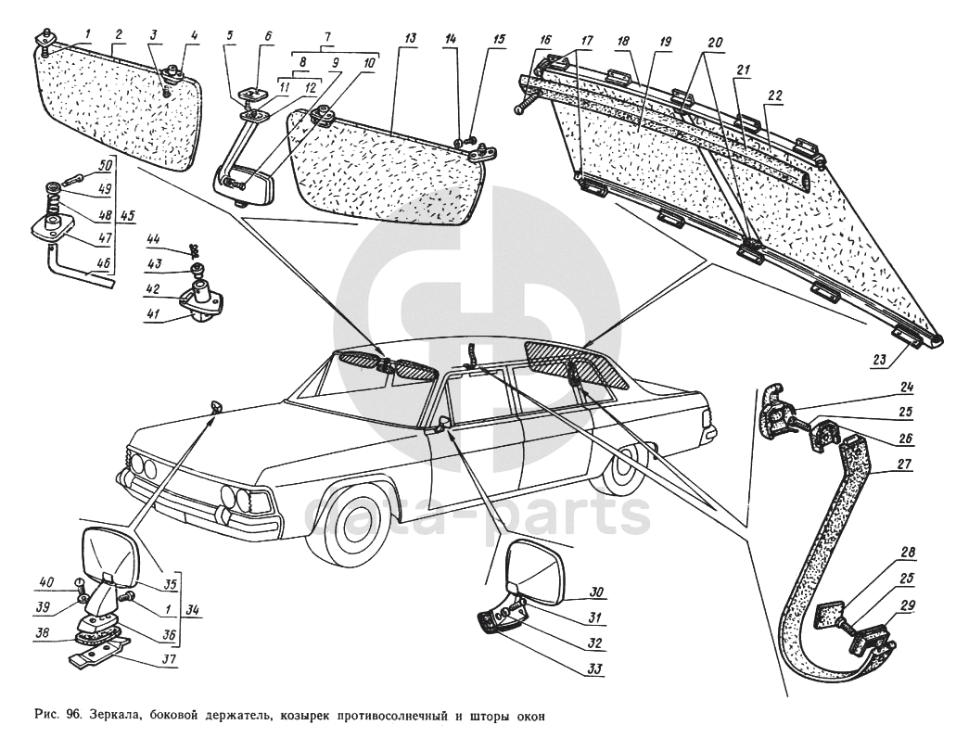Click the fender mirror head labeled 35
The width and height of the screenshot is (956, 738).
point(110,554)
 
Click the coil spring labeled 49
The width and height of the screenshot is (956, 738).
point(51,196)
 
